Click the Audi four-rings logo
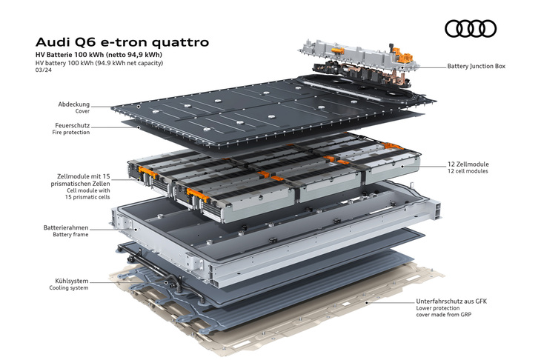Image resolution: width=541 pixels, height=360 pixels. (471, 28)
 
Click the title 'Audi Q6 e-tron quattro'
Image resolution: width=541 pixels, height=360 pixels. (122, 42)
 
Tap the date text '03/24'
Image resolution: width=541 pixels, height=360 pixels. (44, 70)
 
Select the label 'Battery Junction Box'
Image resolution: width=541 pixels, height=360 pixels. (476, 66)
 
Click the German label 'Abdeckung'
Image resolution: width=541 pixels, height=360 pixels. (74, 104)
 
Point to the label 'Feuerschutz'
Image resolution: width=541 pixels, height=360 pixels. (72, 125)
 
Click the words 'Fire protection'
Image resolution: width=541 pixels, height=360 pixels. (71, 133)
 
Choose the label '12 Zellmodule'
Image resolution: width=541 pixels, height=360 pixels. (468, 164)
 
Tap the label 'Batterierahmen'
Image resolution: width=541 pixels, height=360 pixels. (66, 227)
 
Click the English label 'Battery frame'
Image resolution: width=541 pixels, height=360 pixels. (70, 235)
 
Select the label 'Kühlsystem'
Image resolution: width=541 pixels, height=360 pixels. (71, 281)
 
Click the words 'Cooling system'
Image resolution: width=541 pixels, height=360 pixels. (69, 288)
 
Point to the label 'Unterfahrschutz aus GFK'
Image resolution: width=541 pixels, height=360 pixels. (451, 301)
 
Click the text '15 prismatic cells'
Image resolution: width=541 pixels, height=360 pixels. (87, 197)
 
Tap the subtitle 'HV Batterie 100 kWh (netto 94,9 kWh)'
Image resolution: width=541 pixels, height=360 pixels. (99, 55)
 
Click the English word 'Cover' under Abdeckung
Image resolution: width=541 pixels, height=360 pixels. (82, 111)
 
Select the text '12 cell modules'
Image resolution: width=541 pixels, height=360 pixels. (468, 171)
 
